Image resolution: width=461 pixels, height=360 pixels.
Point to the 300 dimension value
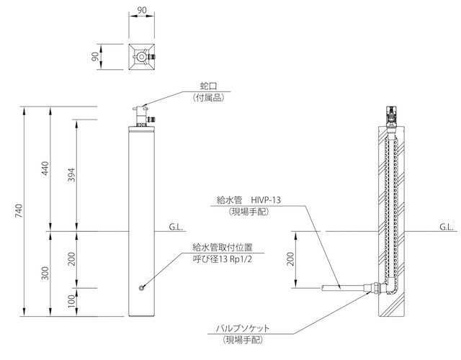pyautogui.click(x=45, y=274)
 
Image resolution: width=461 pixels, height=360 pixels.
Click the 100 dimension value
pyautogui.click(x=71, y=301)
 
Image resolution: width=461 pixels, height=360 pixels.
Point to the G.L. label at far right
pyautogui.click(x=446, y=227)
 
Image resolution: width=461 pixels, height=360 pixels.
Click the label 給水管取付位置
pyautogui.click(x=217, y=247)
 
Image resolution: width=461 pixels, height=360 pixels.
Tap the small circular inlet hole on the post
pyautogui.click(x=141, y=289)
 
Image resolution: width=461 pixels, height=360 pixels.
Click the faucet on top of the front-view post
pyautogui.click(x=142, y=113)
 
